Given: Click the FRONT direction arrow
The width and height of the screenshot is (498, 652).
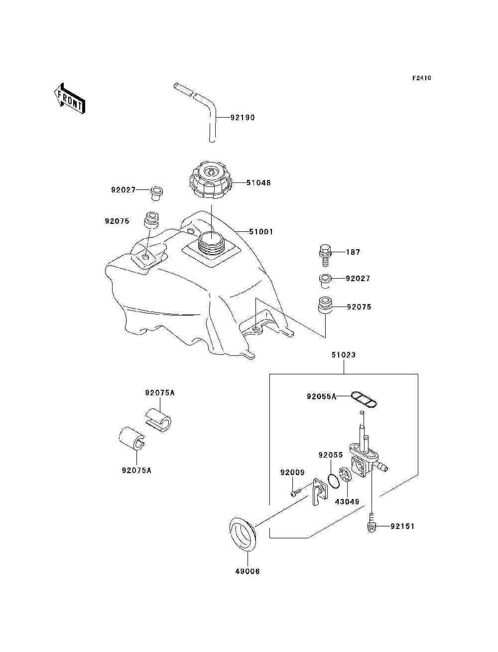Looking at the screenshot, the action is (x=70, y=99).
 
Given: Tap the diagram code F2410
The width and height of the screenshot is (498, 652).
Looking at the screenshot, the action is (x=421, y=78).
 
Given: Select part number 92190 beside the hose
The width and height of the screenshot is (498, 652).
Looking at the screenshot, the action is (x=243, y=118).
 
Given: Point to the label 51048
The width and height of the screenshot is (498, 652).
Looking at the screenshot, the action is (x=258, y=182).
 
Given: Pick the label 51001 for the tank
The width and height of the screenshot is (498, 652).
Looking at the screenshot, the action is (x=261, y=231).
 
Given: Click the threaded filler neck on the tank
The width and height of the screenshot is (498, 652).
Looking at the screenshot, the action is (x=211, y=244).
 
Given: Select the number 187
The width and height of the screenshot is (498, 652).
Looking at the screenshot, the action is (x=353, y=252).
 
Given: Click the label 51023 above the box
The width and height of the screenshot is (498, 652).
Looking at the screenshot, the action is (x=344, y=355).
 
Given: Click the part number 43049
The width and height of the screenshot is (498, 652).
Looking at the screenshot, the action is (x=347, y=501).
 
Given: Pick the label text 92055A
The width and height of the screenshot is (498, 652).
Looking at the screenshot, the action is (x=322, y=397).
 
